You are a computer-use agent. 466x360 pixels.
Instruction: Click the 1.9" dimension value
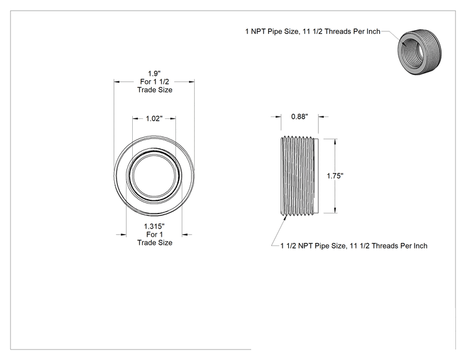point(154,73)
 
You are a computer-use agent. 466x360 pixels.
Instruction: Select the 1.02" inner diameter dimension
point(154,119)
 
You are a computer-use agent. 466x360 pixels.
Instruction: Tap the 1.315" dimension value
point(154,227)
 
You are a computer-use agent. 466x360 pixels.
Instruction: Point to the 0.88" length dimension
point(299,116)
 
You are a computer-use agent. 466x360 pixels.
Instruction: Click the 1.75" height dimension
point(335,176)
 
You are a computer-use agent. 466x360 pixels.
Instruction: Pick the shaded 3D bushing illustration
point(420,52)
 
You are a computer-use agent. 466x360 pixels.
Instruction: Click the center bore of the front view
point(154,176)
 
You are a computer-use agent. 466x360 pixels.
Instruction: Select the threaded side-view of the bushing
point(299,176)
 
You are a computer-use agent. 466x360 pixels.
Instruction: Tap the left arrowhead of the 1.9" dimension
point(116,81)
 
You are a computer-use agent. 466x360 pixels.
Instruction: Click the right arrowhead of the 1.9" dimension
point(192,81)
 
